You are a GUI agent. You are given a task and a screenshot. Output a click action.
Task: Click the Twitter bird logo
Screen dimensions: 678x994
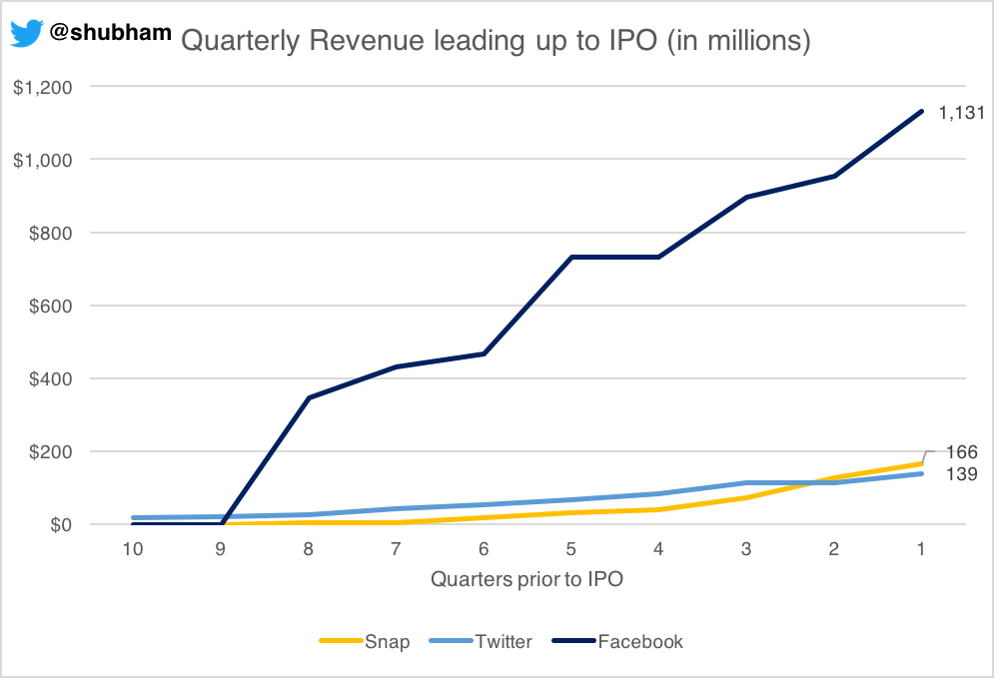(x=26, y=33)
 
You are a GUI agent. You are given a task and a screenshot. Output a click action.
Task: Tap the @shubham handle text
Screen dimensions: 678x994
(x=110, y=32)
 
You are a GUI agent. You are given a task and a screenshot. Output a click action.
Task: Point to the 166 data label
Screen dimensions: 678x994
(x=961, y=452)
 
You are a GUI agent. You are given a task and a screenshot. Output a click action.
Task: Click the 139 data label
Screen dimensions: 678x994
(x=961, y=474)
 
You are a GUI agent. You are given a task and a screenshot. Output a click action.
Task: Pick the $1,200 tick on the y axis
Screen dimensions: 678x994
(x=42, y=87)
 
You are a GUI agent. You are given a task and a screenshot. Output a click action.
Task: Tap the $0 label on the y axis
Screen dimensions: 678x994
(x=56, y=524)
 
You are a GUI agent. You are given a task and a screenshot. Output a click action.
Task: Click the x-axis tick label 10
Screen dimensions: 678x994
(x=133, y=548)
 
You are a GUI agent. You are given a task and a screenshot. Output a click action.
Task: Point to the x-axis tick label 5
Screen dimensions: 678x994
(x=571, y=548)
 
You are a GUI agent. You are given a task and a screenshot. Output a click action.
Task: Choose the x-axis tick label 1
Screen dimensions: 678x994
(x=921, y=548)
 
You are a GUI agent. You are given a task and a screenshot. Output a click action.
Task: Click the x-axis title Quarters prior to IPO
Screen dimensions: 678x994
(x=527, y=579)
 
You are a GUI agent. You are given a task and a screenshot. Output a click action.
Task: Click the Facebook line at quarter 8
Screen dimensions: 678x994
(x=310, y=397)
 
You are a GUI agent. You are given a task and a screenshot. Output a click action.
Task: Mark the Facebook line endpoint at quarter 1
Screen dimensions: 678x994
(x=921, y=111)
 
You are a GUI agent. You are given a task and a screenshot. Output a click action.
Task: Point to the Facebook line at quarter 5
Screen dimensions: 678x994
(x=571, y=257)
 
